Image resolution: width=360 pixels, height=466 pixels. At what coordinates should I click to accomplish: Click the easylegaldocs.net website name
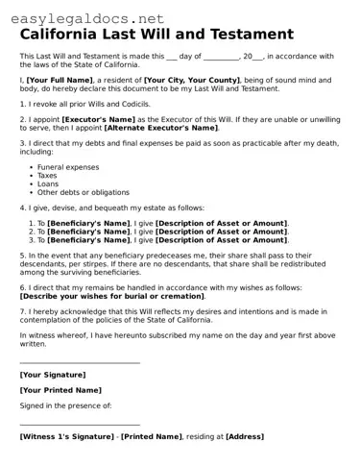pos(83,18)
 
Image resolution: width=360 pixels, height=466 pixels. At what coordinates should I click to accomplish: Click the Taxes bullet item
pos(47,176)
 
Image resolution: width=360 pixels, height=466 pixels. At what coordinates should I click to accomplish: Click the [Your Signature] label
pos(52,374)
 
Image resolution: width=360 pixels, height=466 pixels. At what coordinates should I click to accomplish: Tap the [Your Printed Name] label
pos(60,390)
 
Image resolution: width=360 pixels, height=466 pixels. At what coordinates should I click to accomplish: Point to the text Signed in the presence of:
pos(65,405)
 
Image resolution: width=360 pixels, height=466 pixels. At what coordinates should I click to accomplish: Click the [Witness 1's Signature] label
pos(66,436)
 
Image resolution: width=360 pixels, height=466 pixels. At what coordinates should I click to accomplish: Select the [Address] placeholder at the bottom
pos(244,436)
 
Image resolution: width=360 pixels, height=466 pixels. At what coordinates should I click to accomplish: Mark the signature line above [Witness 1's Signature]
pos(80,425)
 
